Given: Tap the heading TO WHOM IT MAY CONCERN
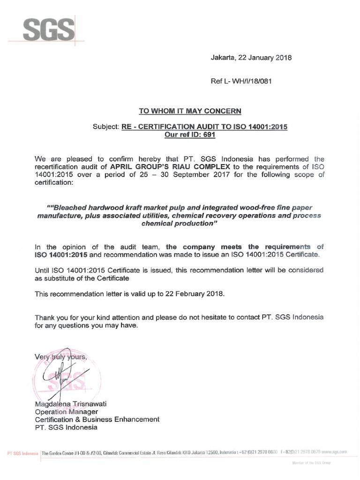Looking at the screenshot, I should click(x=190, y=111).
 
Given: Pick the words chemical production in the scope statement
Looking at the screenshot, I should click(x=180, y=224).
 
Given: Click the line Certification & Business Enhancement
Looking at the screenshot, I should click(x=97, y=419).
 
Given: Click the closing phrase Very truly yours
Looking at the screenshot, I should click(x=61, y=357).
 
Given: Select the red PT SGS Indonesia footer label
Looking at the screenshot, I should click(x=23, y=453).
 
